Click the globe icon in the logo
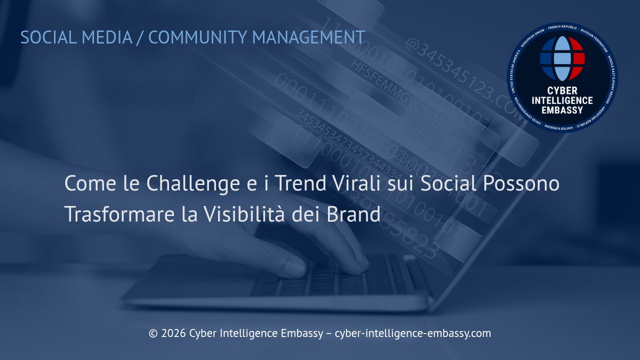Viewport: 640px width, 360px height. [562, 58]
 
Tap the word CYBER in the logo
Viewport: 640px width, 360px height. [562, 91]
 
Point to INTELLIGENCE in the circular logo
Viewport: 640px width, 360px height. [562, 100]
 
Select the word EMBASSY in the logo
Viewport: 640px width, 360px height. [562, 110]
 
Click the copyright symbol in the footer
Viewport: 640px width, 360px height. [153, 333]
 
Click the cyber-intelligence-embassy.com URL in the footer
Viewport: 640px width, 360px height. [412, 333]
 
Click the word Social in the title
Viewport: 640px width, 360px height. [448, 184]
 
